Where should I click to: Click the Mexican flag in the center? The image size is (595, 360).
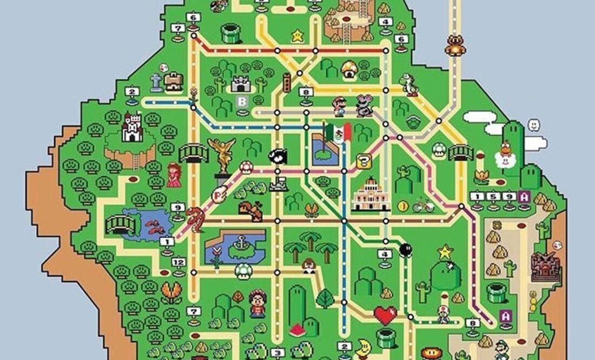[339, 131]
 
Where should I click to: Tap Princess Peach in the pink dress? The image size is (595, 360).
[174, 175]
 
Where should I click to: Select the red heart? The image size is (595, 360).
[385, 315]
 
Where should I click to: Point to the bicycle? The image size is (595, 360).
[423, 206]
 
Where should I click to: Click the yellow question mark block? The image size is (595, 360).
[363, 161]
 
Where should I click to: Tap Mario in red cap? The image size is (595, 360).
[339, 106]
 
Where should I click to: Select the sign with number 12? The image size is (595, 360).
[178, 262]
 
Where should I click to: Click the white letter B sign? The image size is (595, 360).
[242, 101]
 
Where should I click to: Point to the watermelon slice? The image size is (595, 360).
[297, 329]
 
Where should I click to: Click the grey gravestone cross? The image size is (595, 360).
[156, 82]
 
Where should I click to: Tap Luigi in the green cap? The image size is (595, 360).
[503, 349]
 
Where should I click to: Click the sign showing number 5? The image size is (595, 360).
[493, 197]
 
